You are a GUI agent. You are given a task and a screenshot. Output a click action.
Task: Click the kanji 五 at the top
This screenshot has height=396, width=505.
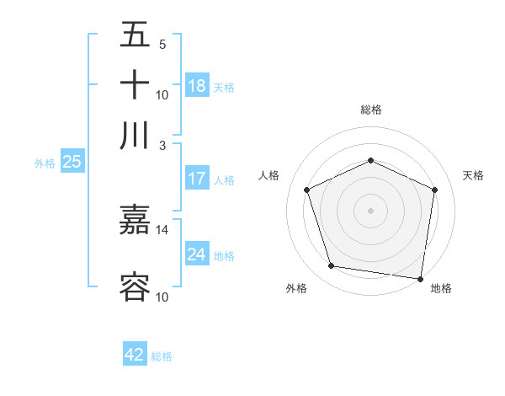pos(135,35)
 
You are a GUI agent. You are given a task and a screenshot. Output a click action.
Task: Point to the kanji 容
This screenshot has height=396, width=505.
pos(135,287)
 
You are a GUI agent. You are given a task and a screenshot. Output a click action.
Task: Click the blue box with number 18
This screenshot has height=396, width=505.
pos(197,86)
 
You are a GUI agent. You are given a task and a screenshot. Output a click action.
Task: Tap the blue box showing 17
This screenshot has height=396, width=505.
pos(197,179)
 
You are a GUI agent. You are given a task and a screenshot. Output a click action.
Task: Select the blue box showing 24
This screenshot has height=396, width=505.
pos(197,254)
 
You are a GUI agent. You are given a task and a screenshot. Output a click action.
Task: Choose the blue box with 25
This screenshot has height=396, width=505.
pos(72,162)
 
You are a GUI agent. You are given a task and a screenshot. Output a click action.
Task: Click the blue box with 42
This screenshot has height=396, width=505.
pos(135,355)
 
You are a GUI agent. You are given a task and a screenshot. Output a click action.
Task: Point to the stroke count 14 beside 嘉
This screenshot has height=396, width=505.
pos(162,229)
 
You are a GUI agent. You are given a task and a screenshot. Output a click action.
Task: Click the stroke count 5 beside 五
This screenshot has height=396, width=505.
pos(162,45)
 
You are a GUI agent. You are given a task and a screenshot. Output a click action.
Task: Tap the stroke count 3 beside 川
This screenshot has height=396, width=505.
pos(162,144)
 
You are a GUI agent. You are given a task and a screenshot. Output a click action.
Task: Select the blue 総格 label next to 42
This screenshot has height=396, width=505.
pos(162,356)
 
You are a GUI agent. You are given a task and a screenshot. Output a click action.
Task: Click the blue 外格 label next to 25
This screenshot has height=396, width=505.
pos(45,163)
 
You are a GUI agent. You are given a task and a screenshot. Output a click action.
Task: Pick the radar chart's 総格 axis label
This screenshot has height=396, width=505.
pos(370,110)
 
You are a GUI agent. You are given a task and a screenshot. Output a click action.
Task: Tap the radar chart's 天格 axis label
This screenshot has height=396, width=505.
pos(473,175)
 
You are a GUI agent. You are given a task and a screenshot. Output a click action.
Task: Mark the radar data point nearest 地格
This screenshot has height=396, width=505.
pos(421,278)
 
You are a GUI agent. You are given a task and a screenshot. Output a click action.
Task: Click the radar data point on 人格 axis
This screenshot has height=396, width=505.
pos(307,190)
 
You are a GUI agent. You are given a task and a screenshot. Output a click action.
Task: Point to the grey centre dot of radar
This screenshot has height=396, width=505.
pos(370,210)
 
